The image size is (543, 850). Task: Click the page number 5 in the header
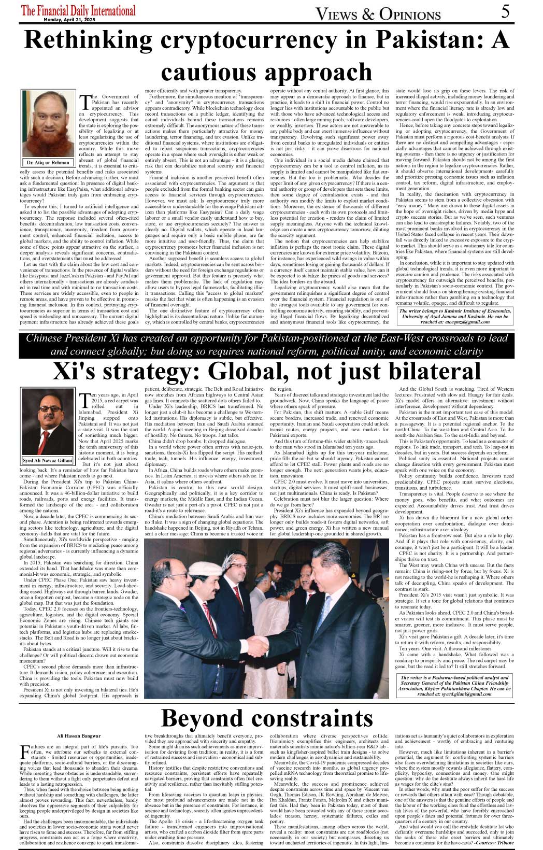pos(506,11)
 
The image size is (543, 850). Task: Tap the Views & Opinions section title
pos(378,14)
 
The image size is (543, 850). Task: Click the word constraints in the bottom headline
pos(320,718)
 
